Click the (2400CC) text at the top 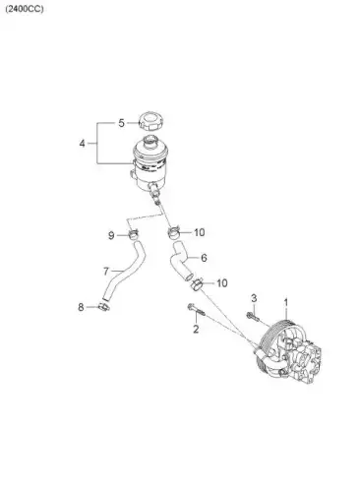coord(25,9)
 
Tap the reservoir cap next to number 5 coord(151,121)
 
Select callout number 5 coord(122,123)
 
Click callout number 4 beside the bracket coord(82,144)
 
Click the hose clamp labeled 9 coord(133,234)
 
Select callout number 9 coord(111,235)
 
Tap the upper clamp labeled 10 coord(174,232)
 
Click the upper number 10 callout coord(200,232)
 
